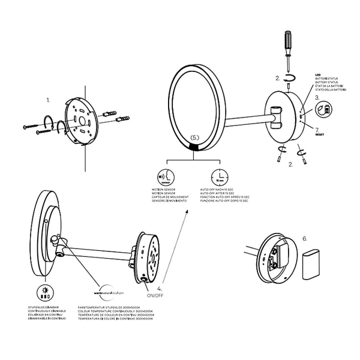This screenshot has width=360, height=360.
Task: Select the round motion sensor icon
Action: [163, 178]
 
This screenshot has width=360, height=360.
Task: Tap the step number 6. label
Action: [305, 238]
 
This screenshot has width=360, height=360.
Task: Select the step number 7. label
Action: [316, 128]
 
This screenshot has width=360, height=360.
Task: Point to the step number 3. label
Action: [317, 97]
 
